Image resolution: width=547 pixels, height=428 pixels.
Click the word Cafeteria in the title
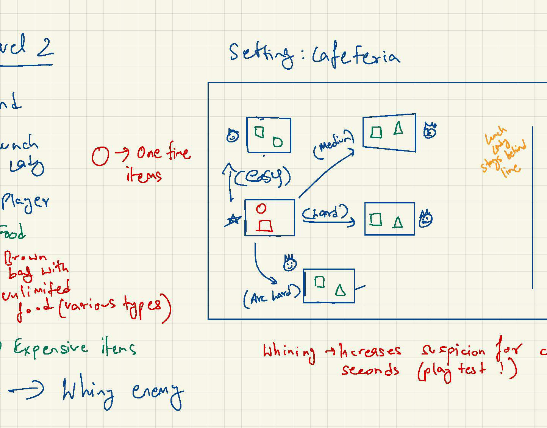click(356, 57)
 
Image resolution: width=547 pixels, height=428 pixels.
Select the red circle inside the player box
click(261, 208)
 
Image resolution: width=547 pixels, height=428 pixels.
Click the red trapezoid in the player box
click(264, 226)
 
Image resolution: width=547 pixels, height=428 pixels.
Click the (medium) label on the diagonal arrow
click(333, 144)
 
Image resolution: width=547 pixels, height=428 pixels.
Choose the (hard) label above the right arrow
click(325, 214)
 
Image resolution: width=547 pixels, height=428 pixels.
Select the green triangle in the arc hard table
click(340, 290)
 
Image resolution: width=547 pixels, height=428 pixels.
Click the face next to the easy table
click(233, 136)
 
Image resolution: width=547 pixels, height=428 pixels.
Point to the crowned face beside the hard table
click(426, 219)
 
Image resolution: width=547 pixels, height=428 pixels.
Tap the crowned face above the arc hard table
click(290, 263)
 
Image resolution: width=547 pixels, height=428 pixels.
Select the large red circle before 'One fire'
click(100, 156)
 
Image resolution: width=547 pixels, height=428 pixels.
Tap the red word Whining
click(289, 352)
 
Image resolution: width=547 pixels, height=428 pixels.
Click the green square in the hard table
click(375, 219)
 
